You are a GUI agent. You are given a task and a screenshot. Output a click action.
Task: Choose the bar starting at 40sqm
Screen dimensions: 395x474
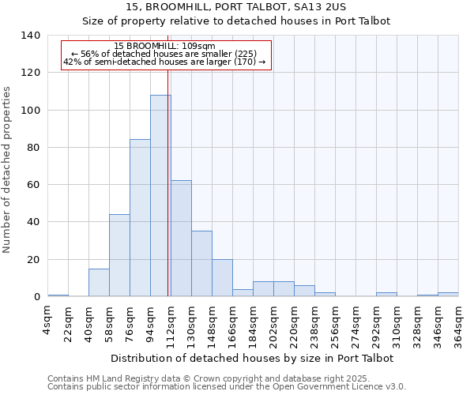pyautogui.click(x=99, y=283)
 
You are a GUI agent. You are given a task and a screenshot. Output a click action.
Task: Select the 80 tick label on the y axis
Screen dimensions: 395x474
pyautogui.click(x=33, y=148)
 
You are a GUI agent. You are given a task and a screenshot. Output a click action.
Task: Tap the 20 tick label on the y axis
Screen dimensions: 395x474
pyautogui.click(x=33, y=260)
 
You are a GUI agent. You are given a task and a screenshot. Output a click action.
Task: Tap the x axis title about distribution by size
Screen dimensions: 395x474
pyautogui.click(x=252, y=358)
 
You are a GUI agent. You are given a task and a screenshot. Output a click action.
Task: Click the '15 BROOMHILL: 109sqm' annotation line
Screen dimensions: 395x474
pyautogui.click(x=164, y=47)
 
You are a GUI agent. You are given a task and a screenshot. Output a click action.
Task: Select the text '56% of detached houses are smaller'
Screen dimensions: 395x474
pyautogui.click(x=164, y=54)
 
